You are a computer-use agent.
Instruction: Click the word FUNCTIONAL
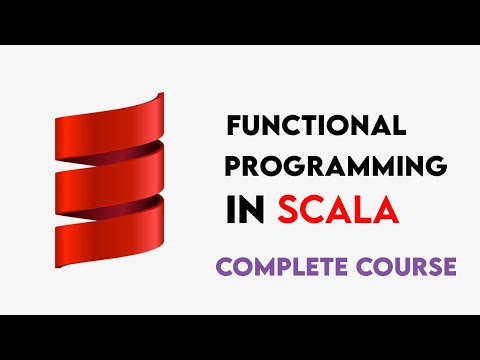pyautogui.click(x=316, y=127)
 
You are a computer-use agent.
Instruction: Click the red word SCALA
pyautogui.click(x=337, y=210)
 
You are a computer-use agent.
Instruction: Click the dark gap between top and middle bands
pyautogui.click(x=140, y=148)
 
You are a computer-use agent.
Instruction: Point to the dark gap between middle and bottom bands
pyautogui.click(x=140, y=200)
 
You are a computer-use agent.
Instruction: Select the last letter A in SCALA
pyautogui.click(x=386, y=210)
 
